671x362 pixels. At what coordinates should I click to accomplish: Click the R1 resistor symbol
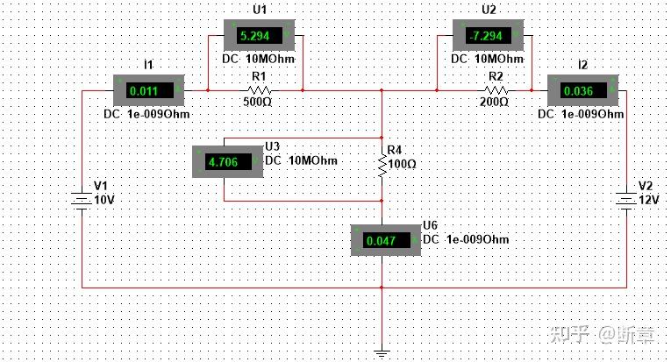tap(258, 89)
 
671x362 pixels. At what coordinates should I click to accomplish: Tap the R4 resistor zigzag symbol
tap(382, 164)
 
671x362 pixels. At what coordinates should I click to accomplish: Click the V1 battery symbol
tap(81, 202)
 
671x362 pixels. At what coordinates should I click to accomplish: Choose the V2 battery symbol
tap(626, 202)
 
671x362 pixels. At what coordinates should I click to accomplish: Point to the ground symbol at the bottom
tap(382, 353)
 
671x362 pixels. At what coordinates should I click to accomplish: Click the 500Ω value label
tap(258, 102)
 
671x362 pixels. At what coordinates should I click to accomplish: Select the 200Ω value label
tap(494, 102)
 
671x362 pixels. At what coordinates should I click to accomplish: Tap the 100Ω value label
tap(403, 164)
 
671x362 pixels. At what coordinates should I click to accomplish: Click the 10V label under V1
tap(104, 200)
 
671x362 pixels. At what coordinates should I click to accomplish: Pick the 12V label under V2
tap(646, 200)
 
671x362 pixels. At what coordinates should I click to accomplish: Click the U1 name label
tap(260, 10)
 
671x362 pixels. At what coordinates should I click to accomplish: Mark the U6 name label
tap(430, 225)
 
